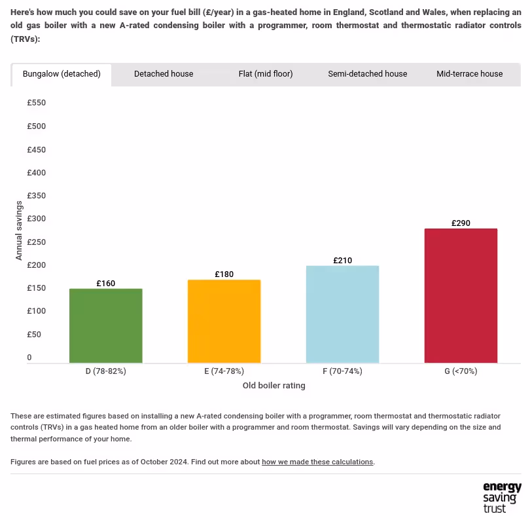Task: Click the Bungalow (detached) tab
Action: click(62, 74)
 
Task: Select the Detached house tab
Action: click(164, 74)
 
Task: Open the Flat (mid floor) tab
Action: click(266, 74)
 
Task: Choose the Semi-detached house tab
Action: click(368, 74)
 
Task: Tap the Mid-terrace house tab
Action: click(470, 74)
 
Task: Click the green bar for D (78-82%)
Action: click(106, 325)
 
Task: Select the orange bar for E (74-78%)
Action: click(224, 321)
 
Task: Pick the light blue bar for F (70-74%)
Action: click(342, 314)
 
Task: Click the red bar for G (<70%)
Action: click(461, 295)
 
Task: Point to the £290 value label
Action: click(461, 223)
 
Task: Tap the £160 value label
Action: click(106, 284)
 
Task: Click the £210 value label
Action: click(342, 261)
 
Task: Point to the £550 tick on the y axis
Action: click(36, 103)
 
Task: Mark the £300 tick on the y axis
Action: click(36, 219)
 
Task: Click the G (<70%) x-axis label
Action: click(461, 371)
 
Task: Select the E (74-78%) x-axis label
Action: click(224, 371)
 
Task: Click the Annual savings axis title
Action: click(19, 231)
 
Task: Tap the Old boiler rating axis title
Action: click(274, 386)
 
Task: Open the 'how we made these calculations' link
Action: click(317, 462)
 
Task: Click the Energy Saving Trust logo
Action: click(502, 497)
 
